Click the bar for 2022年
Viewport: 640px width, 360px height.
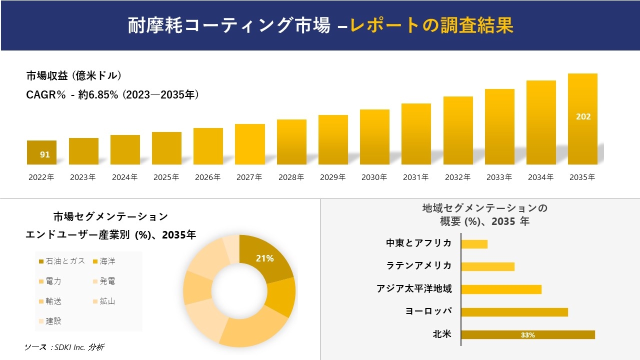tap(41, 152)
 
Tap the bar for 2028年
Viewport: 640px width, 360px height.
tap(291, 142)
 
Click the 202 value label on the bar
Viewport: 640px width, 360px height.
tap(583, 116)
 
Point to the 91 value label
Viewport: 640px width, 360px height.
tap(45, 154)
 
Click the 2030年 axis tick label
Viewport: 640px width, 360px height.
tap(374, 177)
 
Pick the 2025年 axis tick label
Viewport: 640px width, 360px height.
tap(166, 177)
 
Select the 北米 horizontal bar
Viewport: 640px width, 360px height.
tap(527, 335)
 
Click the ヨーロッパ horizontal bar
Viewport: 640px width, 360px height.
tap(514, 312)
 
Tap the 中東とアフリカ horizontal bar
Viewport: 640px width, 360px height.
tap(474, 244)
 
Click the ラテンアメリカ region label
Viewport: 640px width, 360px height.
tap(419, 265)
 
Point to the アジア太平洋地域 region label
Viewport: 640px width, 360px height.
tap(414, 288)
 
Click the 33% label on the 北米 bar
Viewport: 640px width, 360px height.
tap(527, 335)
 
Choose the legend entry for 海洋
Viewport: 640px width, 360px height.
tap(103, 261)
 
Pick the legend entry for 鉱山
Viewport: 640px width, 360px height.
tap(103, 301)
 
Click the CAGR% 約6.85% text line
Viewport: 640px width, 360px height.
tap(112, 94)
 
